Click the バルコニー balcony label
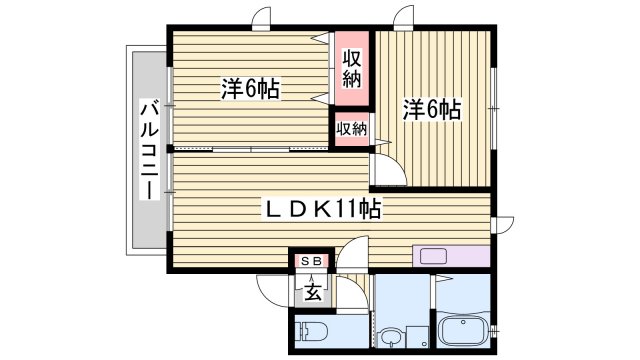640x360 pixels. click(149, 149)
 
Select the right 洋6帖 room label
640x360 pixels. click(433, 109)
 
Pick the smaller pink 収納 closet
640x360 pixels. click(351, 129)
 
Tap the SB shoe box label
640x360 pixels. click(311, 262)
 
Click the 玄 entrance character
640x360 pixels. click(312, 292)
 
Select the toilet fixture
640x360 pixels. click(309, 333)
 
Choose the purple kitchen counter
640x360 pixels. click(450, 255)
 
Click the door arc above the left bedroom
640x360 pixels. click(262, 17)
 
